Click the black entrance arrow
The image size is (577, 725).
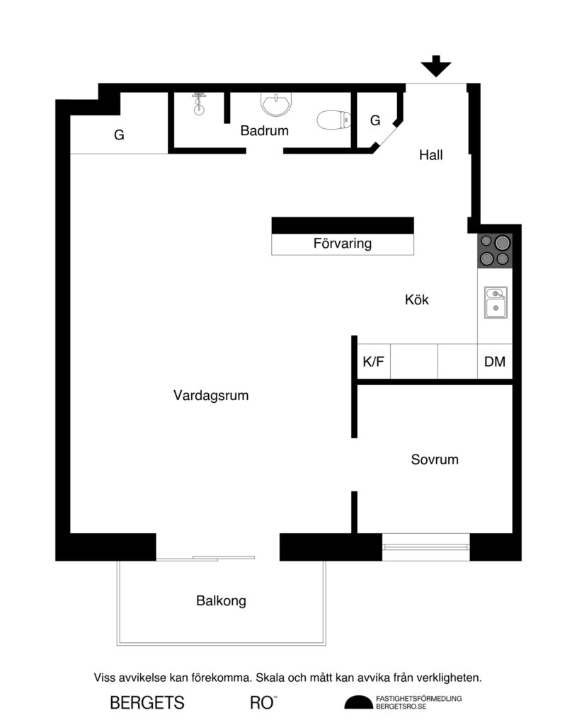[x=436, y=67]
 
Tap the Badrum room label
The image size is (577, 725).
[x=265, y=130]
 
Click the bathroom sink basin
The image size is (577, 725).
[x=275, y=105]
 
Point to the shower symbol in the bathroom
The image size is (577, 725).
[x=199, y=104]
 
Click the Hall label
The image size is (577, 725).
[x=430, y=155]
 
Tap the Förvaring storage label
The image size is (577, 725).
[x=343, y=244]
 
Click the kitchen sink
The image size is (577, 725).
[x=496, y=302]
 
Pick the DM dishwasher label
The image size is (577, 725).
[x=495, y=362]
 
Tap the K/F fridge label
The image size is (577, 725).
[x=373, y=362]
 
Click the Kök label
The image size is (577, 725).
[x=417, y=299]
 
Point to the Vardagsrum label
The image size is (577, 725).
[x=211, y=396]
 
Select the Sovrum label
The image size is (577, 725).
[x=435, y=459]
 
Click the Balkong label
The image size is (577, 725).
[x=221, y=601]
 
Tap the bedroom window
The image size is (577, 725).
[x=425, y=546]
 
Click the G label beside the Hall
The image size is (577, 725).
[x=375, y=120]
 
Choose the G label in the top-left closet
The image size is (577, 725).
[x=119, y=135]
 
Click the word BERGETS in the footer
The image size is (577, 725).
[x=147, y=703]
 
